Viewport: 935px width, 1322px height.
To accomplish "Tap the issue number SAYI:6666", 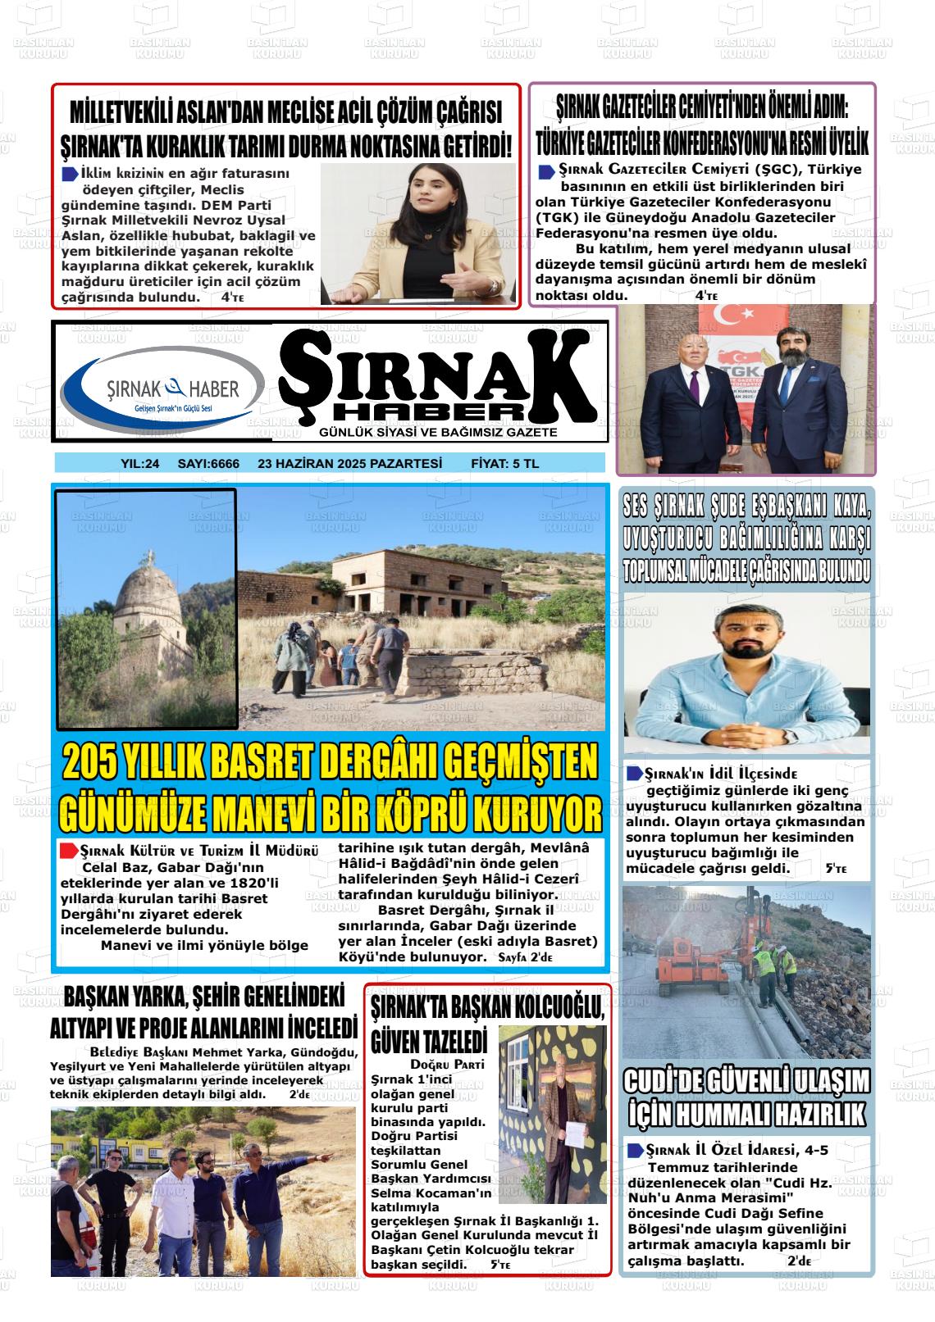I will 208,464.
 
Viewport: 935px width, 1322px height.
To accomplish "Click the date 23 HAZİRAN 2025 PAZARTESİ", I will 349,464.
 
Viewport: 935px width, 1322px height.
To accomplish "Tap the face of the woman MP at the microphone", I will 419,207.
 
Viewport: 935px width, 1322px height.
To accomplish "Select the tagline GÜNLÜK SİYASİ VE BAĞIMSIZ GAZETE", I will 438,432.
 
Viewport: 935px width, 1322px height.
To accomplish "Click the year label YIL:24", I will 139,464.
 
